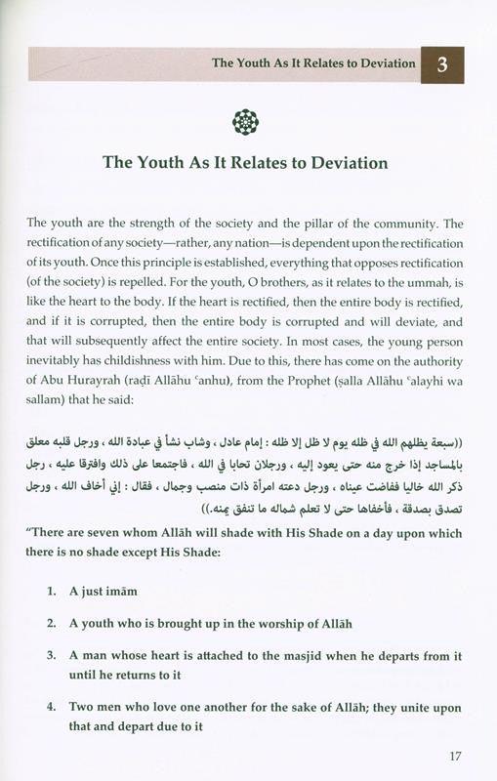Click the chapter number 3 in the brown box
(443, 64)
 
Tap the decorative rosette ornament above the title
(247, 121)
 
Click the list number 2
(51, 623)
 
